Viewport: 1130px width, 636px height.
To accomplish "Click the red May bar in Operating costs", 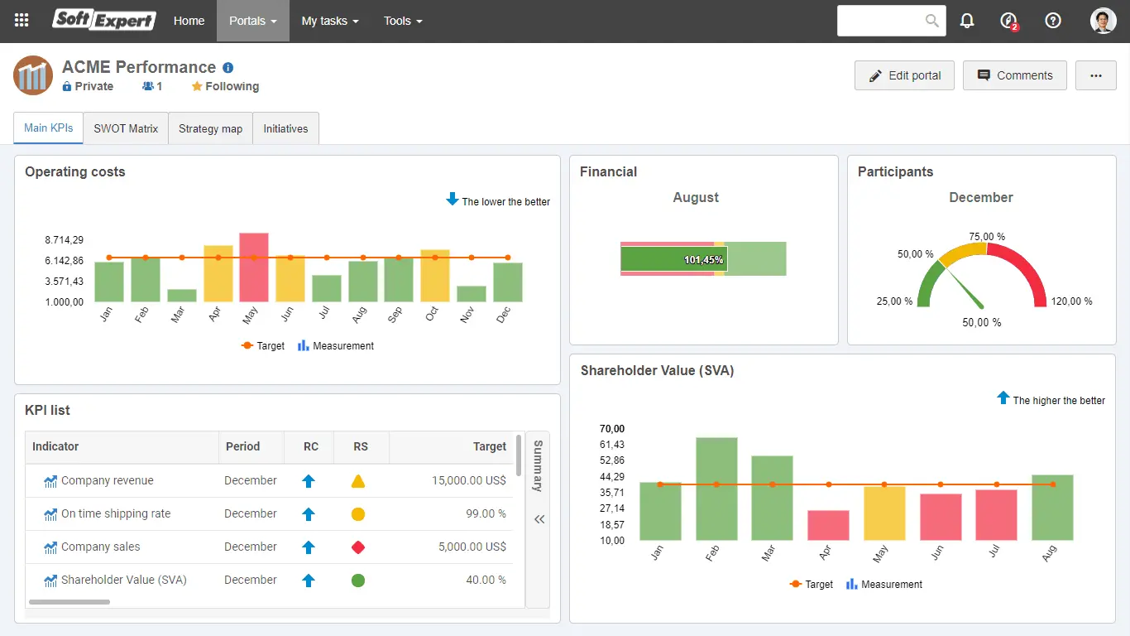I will [x=254, y=267].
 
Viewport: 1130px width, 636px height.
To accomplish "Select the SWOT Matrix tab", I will [x=126, y=128].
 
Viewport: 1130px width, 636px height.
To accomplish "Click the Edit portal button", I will [x=904, y=75].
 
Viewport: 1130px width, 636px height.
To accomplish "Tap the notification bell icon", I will [x=967, y=22].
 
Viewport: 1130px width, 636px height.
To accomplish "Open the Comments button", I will [x=1014, y=75].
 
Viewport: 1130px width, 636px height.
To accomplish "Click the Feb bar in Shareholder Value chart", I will [x=716, y=489].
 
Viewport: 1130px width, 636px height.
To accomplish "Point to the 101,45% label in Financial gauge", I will [x=703, y=260].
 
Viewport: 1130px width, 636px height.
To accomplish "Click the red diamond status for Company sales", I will [x=358, y=547].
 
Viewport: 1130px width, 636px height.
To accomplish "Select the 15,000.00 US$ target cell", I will [x=468, y=480].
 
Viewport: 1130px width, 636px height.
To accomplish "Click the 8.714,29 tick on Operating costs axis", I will [x=65, y=240].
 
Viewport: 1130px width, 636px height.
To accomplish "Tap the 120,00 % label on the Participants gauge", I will [x=1071, y=301].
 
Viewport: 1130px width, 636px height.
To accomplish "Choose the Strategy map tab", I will [x=210, y=128].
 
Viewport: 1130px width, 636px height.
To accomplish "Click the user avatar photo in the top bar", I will [x=1103, y=22].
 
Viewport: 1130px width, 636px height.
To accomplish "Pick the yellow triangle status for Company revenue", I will [x=358, y=481].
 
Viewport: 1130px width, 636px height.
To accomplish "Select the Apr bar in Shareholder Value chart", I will [x=828, y=525].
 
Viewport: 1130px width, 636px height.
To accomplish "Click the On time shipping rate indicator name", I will [x=116, y=513].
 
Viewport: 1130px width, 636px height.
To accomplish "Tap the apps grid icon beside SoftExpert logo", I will [x=22, y=21].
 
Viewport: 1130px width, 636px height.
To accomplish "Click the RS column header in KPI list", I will [x=361, y=446].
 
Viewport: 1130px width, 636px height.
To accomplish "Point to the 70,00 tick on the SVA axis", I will [x=612, y=429].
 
